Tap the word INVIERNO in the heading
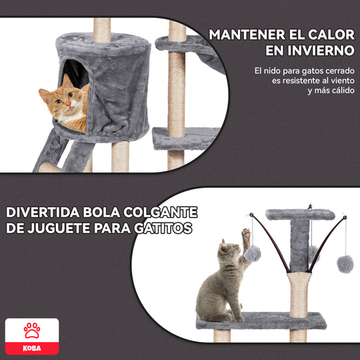[x=321, y=50]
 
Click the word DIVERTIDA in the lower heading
[x=43, y=213]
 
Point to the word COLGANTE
[x=160, y=213]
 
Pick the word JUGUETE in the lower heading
[x=59, y=228]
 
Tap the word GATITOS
[x=163, y=228]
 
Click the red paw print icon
[x=32, y=331]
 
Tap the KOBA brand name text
[x=32, y=348]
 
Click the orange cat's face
[x=61, y=101]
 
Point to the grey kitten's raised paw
[x=246, y=234]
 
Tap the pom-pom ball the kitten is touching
[x=252, y=254]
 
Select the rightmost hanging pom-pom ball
[x=345, y=264]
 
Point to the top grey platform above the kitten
[x=300, y=215]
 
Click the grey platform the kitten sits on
[x=261, y=321]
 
